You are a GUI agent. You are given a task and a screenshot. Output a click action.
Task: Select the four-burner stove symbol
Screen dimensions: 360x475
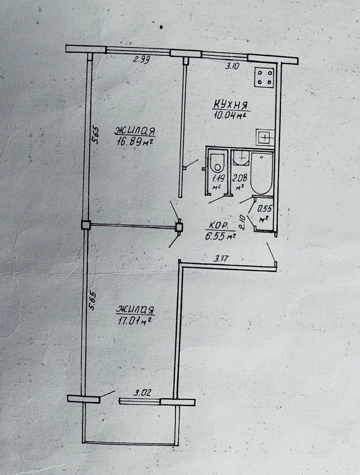point(264,77)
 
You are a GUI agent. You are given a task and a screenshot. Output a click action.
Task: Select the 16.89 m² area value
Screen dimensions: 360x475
point(135,142)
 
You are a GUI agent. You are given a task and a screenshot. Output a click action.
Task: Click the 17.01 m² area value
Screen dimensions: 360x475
point(134,320)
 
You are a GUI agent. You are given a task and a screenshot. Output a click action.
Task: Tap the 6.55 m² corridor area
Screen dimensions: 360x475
point(220,236)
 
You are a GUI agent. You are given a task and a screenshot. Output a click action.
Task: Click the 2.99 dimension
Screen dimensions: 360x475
point(141,59)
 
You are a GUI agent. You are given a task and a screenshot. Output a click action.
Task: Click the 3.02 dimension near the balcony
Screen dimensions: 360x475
point(142,392)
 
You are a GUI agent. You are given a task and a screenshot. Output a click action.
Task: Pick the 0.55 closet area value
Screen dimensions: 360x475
point(264,209)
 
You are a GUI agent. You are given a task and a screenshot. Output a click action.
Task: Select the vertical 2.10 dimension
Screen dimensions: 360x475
point(242,222)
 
